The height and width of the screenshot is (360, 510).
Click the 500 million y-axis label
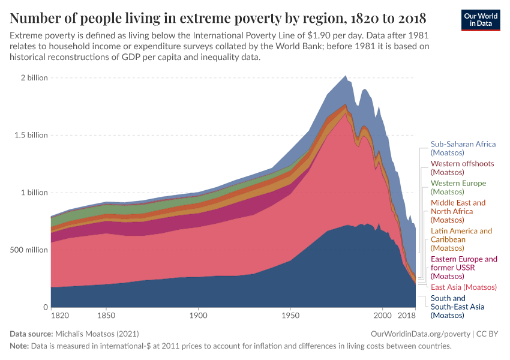point(26,250)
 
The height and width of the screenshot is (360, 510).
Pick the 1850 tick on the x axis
point(106,315)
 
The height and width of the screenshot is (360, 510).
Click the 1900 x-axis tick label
point(198,315)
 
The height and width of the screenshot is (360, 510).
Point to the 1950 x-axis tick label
point(290,315)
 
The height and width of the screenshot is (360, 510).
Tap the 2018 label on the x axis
point(407,315)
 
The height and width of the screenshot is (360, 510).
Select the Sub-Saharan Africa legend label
point(463,148)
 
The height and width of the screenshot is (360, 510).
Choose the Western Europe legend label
point(458,187)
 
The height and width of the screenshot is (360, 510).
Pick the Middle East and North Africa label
point(458,211)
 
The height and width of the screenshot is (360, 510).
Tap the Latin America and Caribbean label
point(461,239)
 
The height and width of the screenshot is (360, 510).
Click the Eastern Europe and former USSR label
point(464,268)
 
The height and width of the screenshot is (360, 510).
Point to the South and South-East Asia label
point(457,307)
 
